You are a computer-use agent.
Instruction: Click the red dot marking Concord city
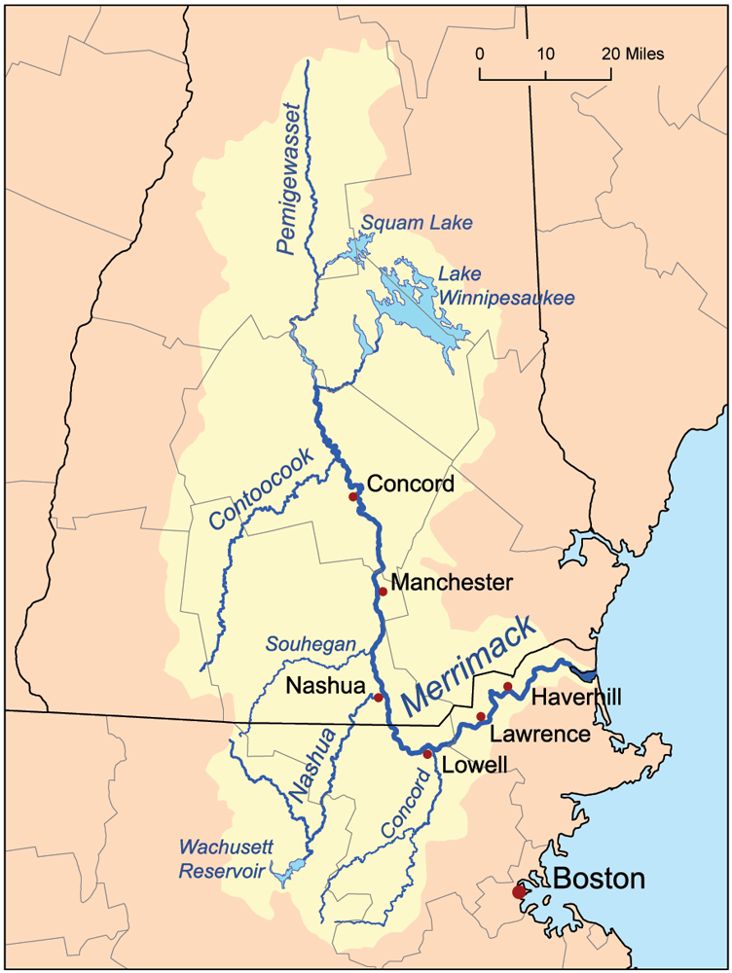(354, 497)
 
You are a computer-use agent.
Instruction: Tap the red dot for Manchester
(383, 592)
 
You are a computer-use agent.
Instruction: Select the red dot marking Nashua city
(378, 697)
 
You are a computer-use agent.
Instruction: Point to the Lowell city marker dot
(427, 754)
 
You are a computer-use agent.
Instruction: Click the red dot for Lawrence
(481, 717)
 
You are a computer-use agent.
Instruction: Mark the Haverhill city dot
(507, 687)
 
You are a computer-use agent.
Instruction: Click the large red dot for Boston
(519, 891)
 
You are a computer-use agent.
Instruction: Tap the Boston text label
(599, 880)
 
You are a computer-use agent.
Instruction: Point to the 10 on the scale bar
(545, 54)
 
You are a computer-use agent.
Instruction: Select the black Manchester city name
(451, 583)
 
